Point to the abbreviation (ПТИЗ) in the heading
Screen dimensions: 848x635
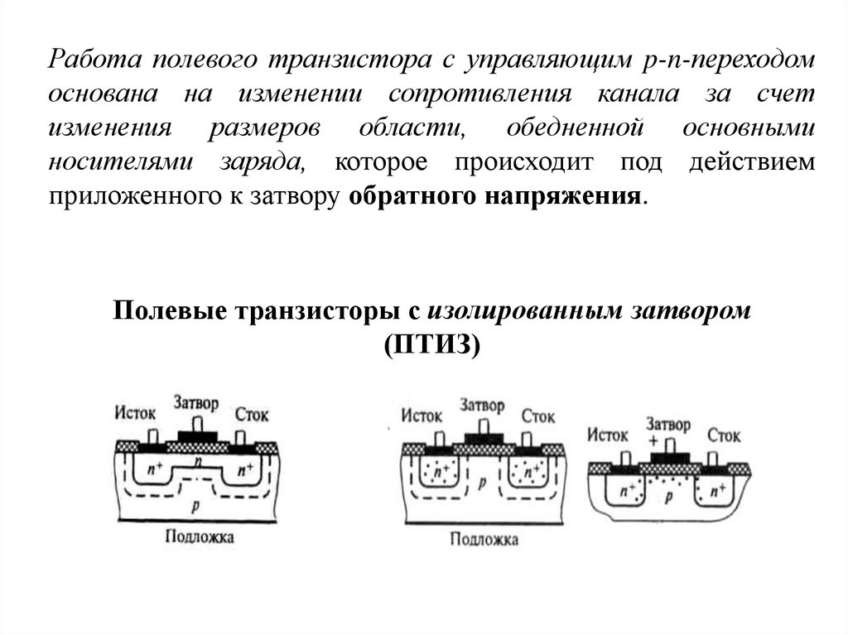(x=431, y=344)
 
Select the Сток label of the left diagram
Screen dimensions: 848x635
(x=251, y=413)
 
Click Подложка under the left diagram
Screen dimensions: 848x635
(x=199, y=536)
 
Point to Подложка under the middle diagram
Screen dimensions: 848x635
(x=484, y=540)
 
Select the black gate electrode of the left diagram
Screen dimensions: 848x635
(x=197, y=436)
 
